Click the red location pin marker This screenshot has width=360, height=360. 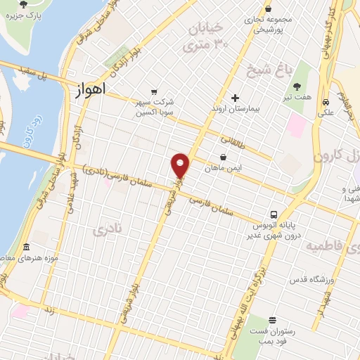(x=181, y=165)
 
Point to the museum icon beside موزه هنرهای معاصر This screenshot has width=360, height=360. (x=27, y=247)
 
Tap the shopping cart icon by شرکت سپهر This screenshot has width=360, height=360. (x=154, y=91)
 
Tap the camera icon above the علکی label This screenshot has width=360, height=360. (x=326, y=99)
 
